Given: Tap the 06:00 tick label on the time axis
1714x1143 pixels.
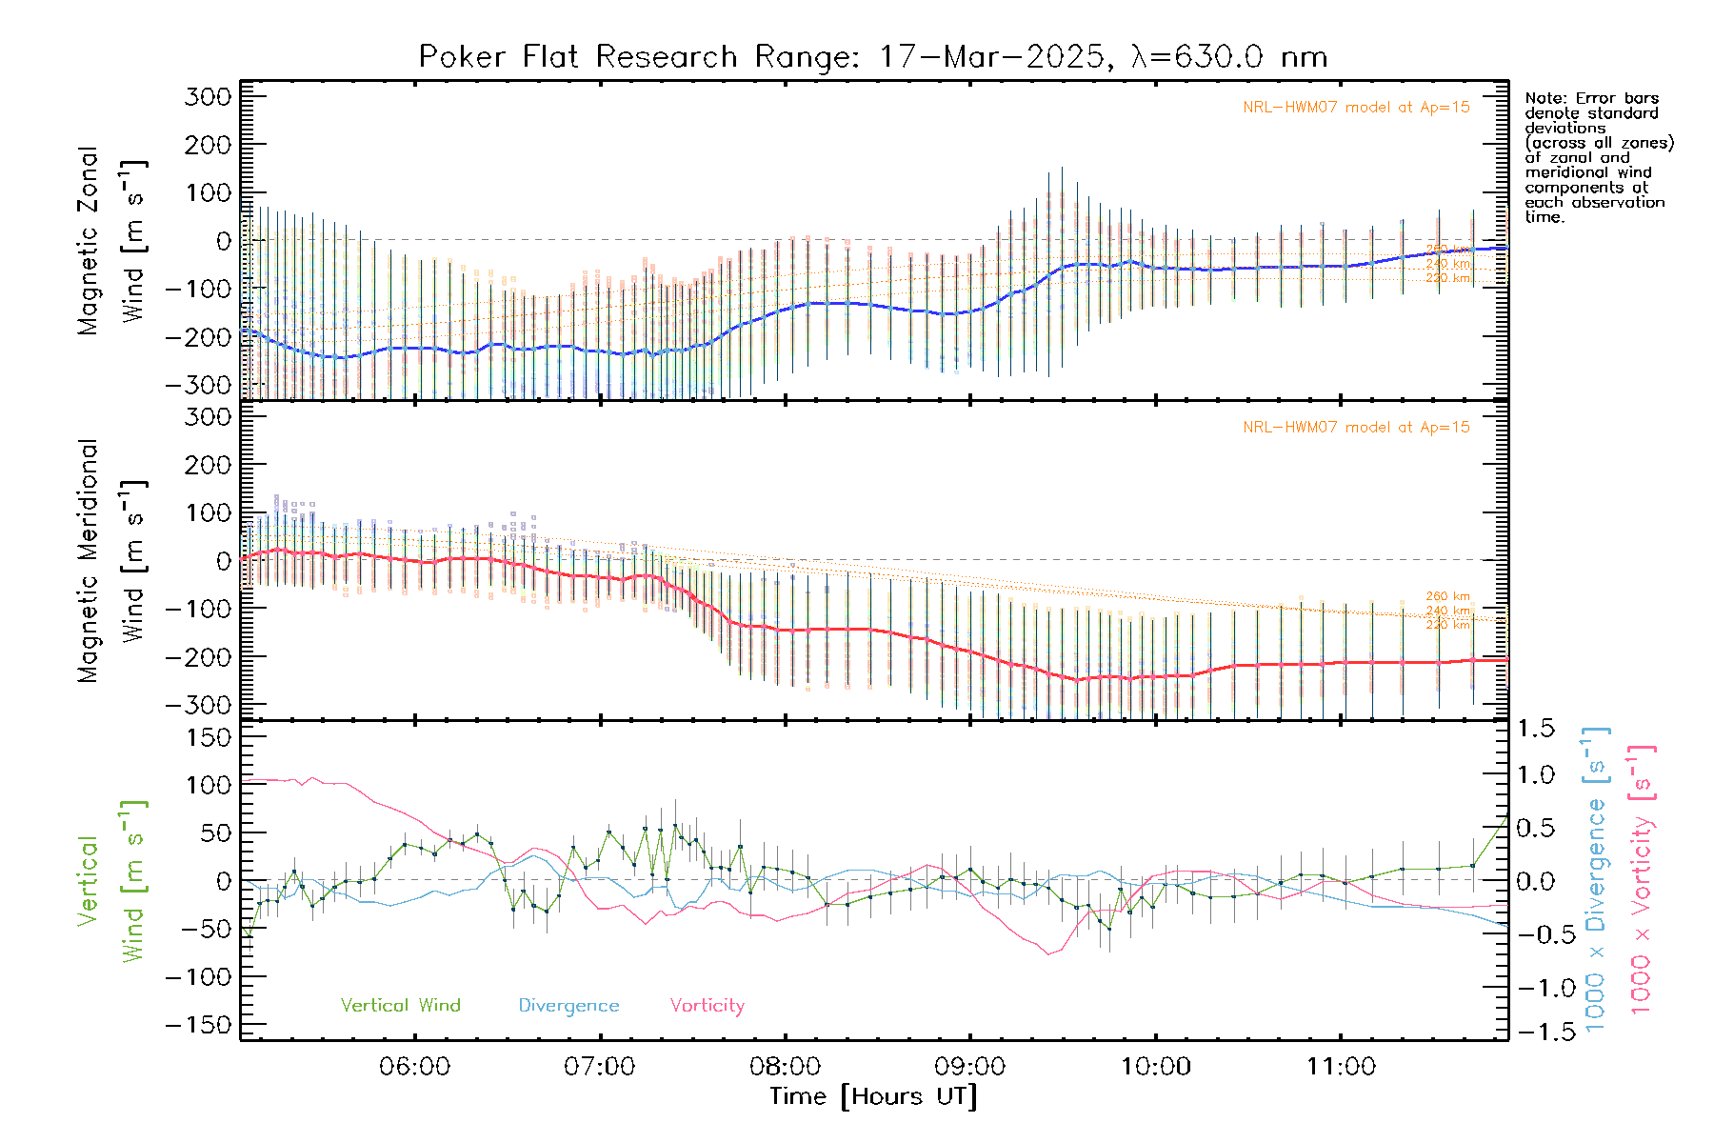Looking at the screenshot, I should click(414, 1067).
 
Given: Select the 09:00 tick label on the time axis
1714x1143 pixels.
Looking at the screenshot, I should click(970, 1067).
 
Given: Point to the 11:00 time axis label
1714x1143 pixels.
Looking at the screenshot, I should click(1341, 1067).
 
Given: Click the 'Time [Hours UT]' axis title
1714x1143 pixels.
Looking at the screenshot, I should click(873, 1096).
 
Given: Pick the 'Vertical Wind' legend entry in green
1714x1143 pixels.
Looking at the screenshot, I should click(400, 1005).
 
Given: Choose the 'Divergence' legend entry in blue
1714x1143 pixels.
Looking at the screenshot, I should click(568, 1006).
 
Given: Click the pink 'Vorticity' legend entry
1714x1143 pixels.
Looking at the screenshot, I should click(707, 1005).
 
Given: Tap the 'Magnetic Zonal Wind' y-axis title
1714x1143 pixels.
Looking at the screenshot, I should click(110, 241).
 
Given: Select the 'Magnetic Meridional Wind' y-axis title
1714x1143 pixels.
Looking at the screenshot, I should click(110, 561).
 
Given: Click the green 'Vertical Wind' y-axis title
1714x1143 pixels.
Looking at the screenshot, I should click(110, 881).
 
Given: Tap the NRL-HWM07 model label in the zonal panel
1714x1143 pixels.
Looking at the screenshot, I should click(1356, 108).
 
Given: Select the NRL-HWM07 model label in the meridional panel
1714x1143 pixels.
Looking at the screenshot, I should click(1356, 428).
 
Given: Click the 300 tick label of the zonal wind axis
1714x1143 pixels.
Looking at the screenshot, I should click(209, 96).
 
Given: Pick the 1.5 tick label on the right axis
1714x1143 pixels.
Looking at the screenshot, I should click(1536, 729).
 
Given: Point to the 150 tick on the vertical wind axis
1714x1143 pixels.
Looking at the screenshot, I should click(209, 737).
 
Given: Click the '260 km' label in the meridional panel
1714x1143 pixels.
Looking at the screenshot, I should click(1447, 596).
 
